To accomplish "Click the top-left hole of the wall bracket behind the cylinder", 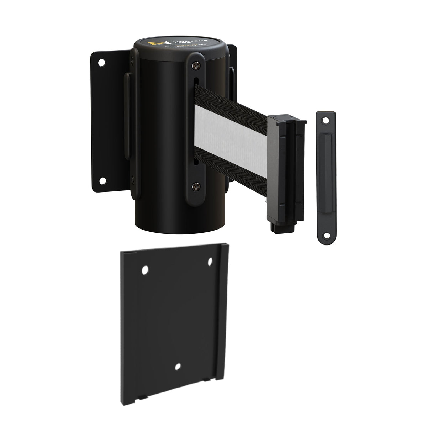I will click(x=101, y=63).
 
